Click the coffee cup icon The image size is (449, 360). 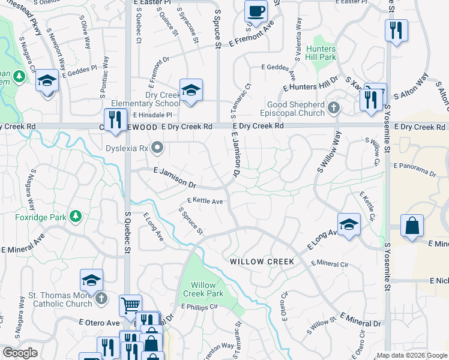coord(256,10)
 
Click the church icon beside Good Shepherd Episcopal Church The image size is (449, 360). coord(334,109)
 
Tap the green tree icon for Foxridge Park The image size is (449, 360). coord(76,215)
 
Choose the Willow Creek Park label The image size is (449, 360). coord(207,289)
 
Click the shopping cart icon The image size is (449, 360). coord(130,305)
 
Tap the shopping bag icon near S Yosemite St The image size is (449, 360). coord(412,226)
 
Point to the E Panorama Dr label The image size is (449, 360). coord(414,169)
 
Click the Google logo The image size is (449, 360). coord(20,353)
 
